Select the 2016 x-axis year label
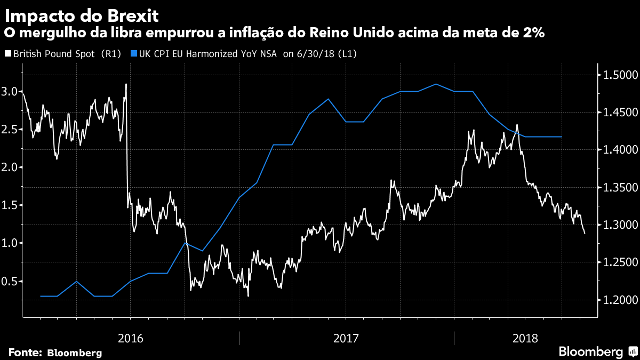click(x=130, y=338)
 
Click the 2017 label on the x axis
click(x=346, y=338)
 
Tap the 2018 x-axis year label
click(x=525, y=338)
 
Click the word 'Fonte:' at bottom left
click(x=25, y=353)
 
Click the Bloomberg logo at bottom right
click(x=597, y=351)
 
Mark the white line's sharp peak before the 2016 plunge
click(x=126, y=84)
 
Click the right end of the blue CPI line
click(x=562, y=137)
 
